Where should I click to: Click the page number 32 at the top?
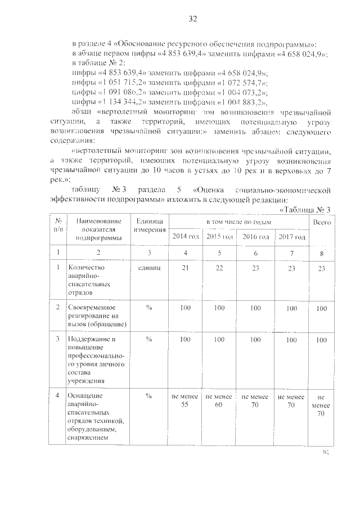coord(192,19)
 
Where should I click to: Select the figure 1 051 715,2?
coord(124,83)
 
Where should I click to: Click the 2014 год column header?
coord(185,236)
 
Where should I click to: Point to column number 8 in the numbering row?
coord(321,254)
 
